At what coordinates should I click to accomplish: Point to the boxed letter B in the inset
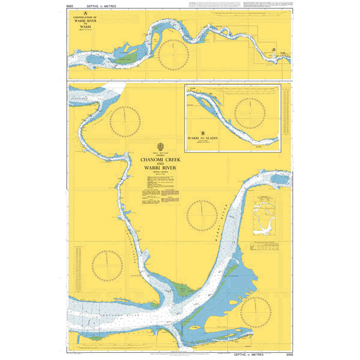(203, 133)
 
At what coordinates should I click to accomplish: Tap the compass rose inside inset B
(249, 112)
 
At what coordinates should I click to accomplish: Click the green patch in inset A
(126, 59)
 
